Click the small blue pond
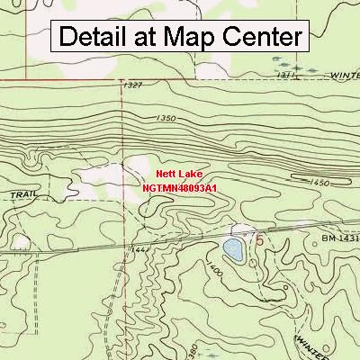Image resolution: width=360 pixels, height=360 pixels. coord(233,249)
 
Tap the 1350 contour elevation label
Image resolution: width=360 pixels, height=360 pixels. coord(166,119)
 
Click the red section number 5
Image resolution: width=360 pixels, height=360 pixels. coord(260,240)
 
